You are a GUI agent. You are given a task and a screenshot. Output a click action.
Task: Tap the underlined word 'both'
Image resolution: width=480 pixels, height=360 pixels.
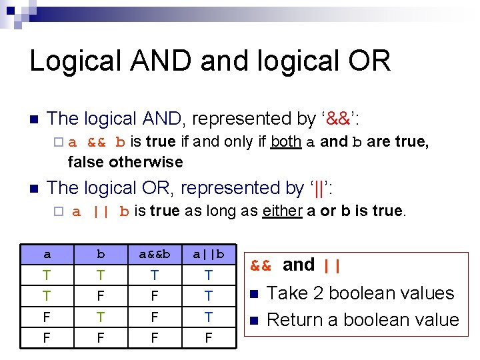[286, 141]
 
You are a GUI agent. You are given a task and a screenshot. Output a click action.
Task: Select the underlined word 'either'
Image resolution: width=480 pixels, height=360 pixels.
[283, 211]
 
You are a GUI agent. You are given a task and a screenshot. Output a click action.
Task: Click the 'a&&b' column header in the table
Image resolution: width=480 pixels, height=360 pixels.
[155, 255]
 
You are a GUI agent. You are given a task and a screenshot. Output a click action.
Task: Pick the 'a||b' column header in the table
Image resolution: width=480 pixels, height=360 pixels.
[208, 255]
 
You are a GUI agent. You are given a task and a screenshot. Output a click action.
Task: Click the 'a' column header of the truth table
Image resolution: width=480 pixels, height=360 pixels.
[47, 255]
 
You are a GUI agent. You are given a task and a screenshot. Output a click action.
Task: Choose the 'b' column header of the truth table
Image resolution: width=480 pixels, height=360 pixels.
[101, 255]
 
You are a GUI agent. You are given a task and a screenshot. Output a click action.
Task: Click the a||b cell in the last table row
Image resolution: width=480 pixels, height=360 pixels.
[208, 338]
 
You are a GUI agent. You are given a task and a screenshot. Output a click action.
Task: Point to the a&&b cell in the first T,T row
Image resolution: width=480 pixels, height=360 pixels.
[155, 275]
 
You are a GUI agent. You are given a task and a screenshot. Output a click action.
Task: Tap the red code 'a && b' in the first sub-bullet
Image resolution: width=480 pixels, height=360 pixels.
[97, 142]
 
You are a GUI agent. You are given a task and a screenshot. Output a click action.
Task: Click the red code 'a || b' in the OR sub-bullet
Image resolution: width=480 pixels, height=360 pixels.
[101, 212]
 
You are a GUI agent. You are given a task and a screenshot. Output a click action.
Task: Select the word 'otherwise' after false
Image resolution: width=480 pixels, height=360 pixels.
[145, 162]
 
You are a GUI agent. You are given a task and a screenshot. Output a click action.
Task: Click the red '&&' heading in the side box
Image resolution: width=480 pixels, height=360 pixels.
[261, 265]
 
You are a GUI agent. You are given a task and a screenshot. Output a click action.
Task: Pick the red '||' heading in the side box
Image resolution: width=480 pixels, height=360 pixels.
[331, 265]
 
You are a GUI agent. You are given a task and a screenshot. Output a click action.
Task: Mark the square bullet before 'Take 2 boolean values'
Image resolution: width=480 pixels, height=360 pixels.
[253, 294]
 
